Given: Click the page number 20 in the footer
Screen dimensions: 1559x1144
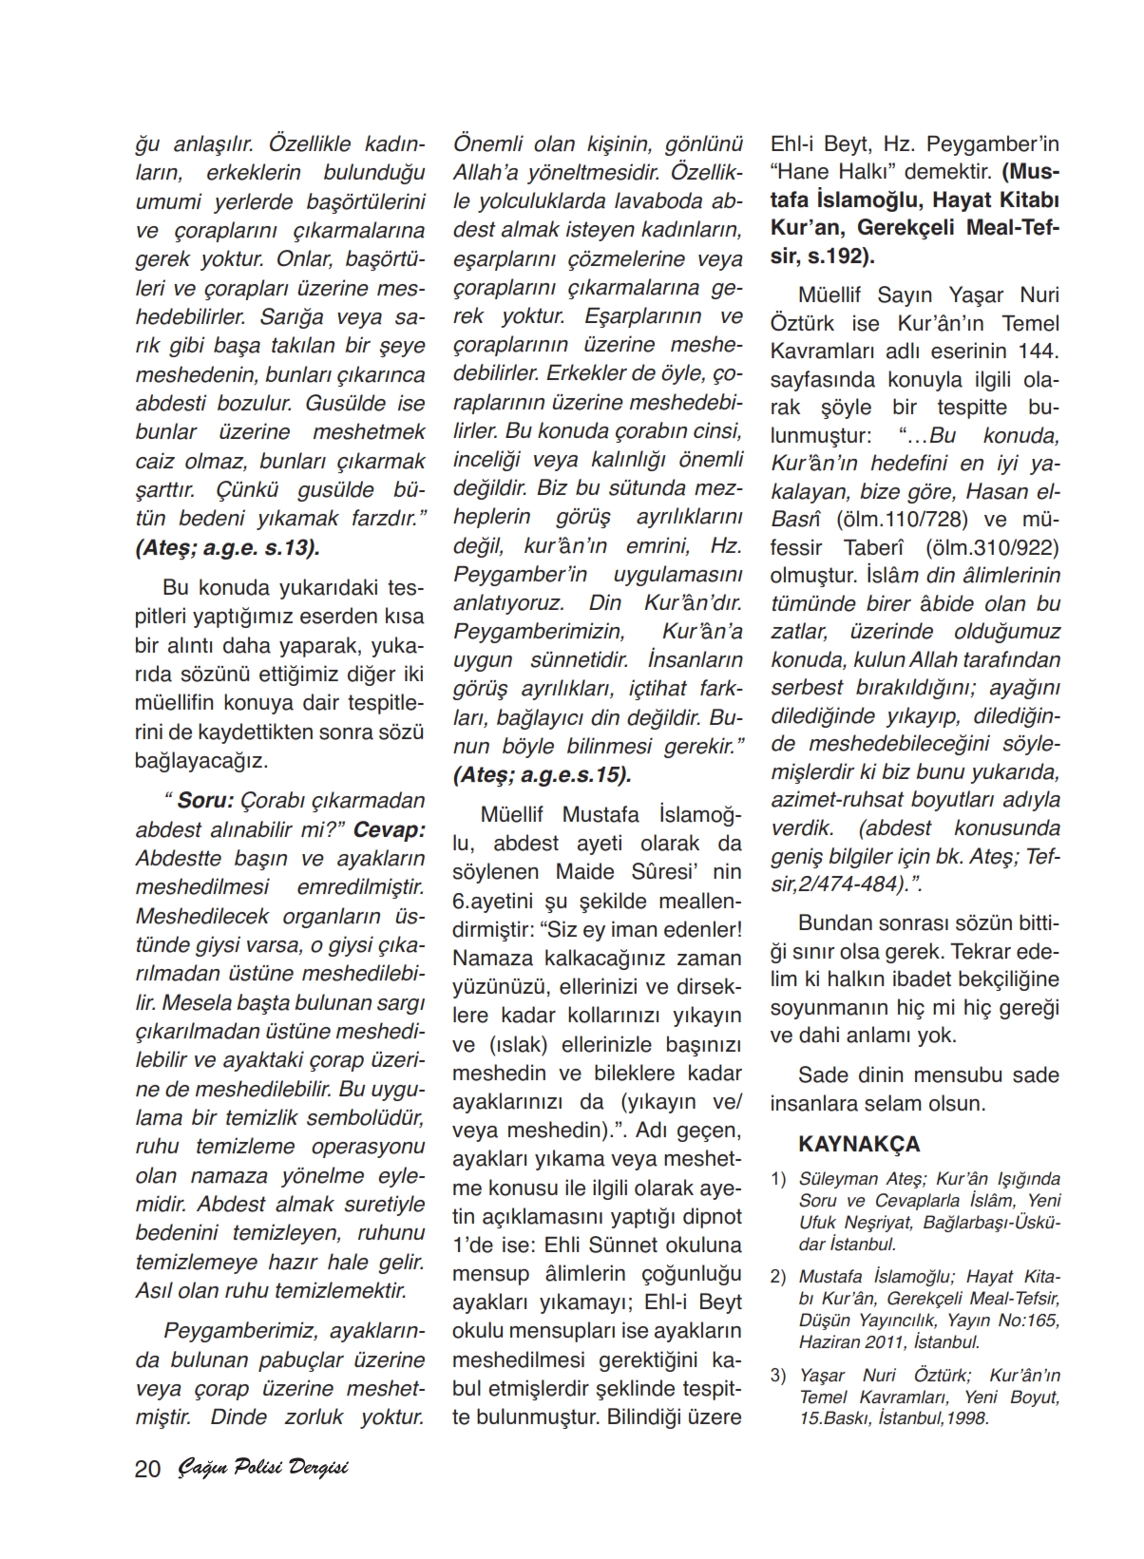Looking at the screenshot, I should tap(148, 1469).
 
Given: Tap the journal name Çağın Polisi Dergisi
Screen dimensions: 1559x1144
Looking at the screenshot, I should tap(263, 1468).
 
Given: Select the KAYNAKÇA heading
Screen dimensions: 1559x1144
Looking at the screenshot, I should tap(859, 1144).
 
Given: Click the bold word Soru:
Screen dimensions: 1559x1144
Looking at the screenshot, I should tap(205, 800).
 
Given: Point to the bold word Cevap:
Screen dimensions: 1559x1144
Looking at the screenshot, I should tap(389, 828).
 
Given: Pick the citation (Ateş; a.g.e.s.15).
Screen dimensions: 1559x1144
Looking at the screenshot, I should tap(543, 774).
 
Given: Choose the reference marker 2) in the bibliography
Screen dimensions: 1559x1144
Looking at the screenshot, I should tap(778, 1277).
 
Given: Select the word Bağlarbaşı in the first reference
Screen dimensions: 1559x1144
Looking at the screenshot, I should tap(953, 1222).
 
